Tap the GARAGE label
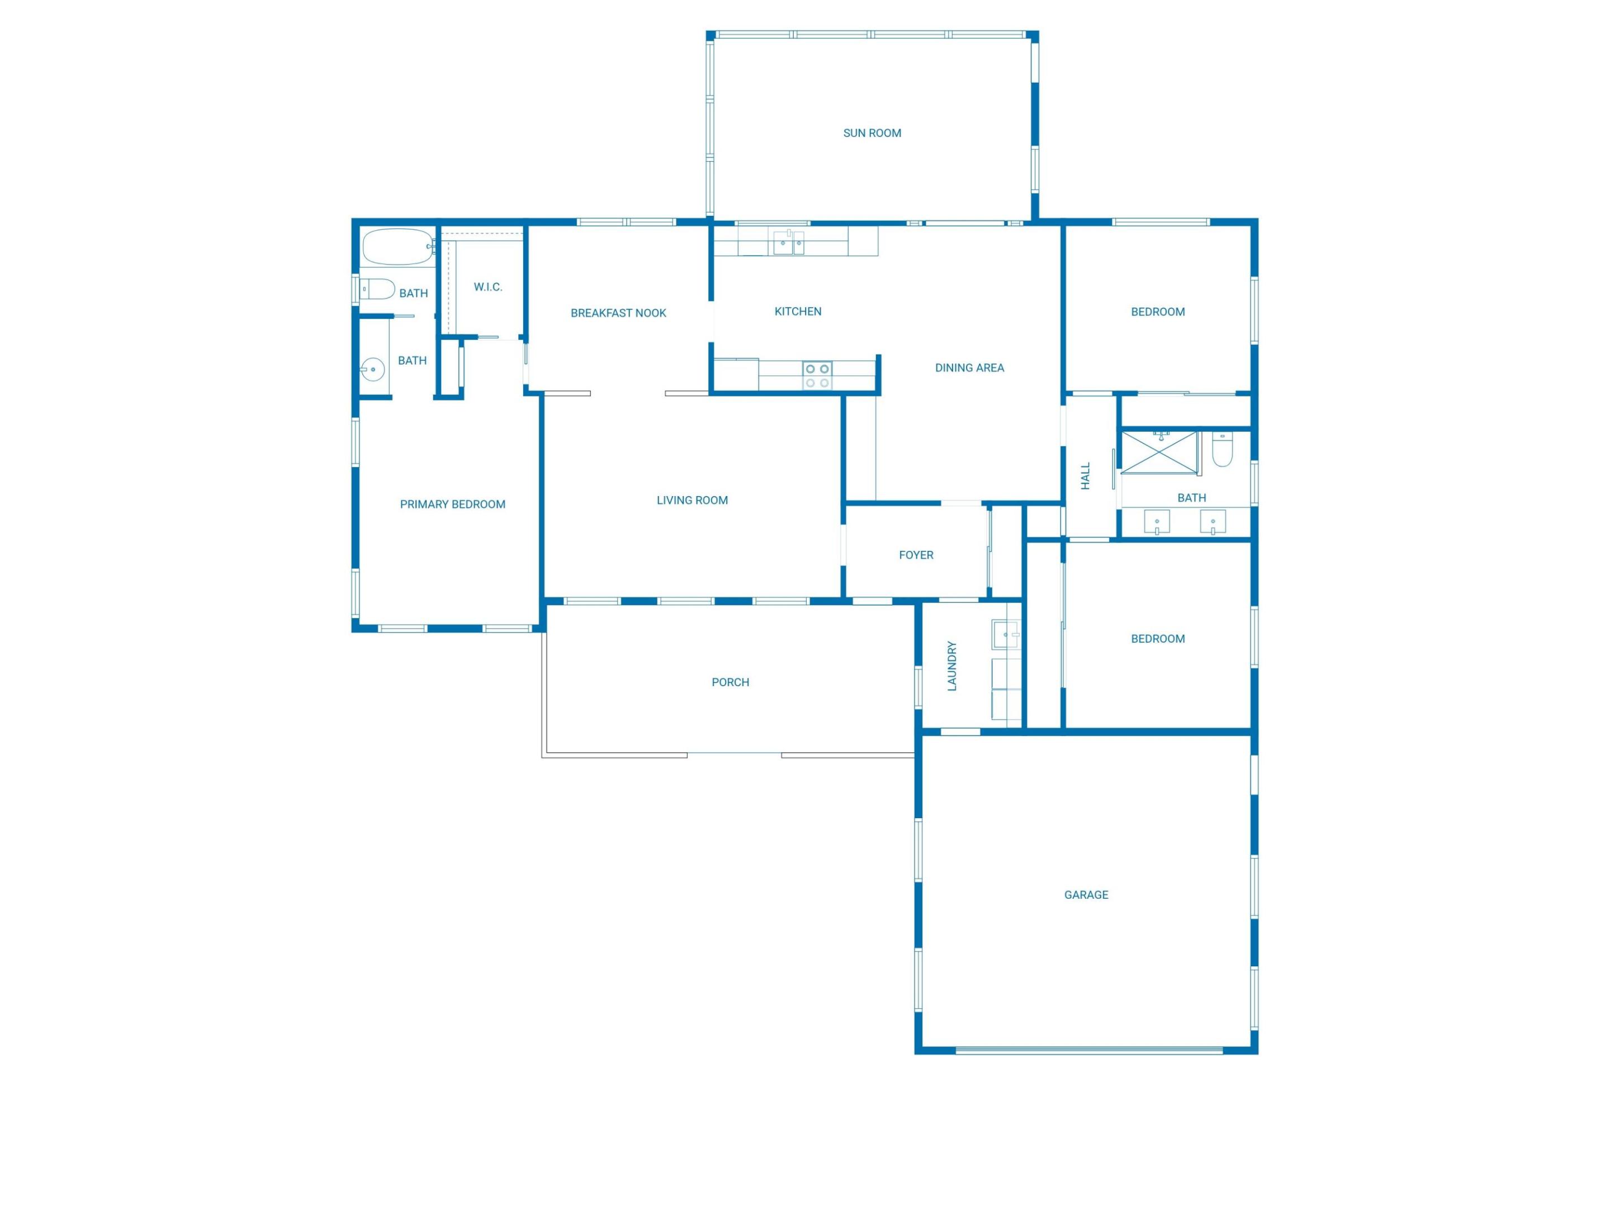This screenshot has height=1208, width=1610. [1086, 895]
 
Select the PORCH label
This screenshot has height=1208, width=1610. [730, 682]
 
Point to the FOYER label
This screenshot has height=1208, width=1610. [916, 555]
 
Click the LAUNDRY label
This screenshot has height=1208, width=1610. [952, 666]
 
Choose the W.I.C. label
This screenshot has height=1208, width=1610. [487, 287]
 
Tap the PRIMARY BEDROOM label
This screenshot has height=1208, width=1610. [452, 504]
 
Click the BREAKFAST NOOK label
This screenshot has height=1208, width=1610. [618, 313]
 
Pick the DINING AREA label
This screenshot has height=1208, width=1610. [969, 368]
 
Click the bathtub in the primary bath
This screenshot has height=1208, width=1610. [397, 247]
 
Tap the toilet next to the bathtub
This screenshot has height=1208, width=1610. [378, 289]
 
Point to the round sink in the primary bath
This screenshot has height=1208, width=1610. [373, 370]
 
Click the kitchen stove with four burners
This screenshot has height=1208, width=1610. [817, 376]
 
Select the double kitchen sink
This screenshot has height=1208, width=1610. [788, 243]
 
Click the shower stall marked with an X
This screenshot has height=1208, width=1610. [1158, 452]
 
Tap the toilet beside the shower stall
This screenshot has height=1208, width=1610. [1222, 449]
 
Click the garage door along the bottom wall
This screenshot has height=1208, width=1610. [1089, 1050]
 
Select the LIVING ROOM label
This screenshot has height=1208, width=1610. [692, 500]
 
